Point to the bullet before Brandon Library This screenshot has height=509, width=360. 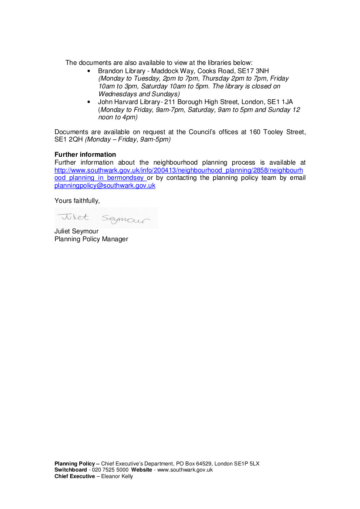[89, 71]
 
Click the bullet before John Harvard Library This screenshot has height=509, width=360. [89, 102]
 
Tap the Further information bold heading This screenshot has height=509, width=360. [85, 155]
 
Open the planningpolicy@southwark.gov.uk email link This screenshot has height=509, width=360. [105, 185]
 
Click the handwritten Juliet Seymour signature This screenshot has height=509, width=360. [106, 218]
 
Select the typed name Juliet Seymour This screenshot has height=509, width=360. [76, 231]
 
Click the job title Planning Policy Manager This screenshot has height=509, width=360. [91, 239]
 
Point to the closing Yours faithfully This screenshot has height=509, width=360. [77, 201]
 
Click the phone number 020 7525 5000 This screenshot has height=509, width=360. [110, 470]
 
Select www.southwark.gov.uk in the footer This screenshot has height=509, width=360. [185, 470]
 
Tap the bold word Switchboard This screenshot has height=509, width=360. [71, 470]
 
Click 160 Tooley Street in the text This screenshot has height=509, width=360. [277, 131]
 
